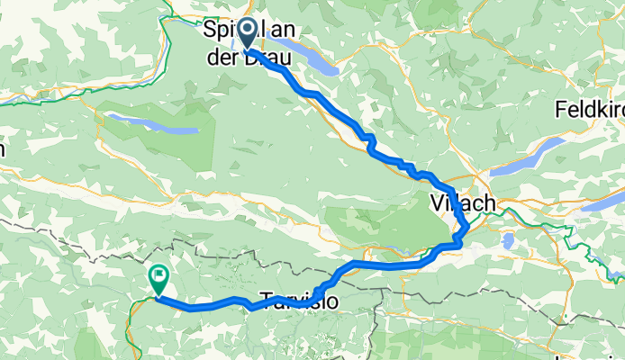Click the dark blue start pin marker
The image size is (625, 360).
[x=246, y=34]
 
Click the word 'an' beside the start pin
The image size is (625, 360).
[x=282, y=30]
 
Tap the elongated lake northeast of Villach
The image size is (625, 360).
[x=512, y=164]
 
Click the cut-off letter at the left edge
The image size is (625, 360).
[x=3, y=148]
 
